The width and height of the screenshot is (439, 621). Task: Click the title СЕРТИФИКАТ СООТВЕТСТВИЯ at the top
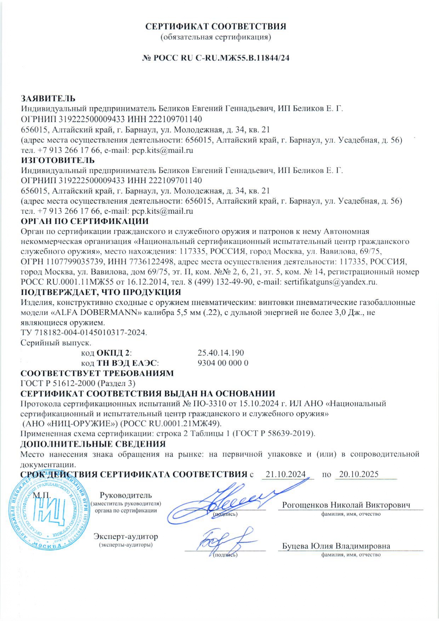point(216,27)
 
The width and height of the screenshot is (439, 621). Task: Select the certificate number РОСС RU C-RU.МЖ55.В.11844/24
point(221,58)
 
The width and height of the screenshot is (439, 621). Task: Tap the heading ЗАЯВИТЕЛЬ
point(48,98)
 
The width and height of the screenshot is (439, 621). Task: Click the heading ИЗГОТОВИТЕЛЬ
point(58,161)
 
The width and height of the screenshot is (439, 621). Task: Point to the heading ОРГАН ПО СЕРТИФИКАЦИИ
point(85,222)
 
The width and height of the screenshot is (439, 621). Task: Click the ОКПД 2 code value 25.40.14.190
point(221,353)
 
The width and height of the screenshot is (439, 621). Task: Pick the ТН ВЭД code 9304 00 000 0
point(223,363)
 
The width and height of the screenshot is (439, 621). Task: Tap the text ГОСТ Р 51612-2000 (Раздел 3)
point(78,383)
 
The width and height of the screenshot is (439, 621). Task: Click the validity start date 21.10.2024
point(286,475)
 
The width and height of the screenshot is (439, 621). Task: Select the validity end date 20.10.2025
point(359,475)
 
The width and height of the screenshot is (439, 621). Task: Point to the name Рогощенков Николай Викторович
point(346,505)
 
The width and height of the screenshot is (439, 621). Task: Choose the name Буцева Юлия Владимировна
point(336,546)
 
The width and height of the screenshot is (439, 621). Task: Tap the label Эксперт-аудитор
point(126,536)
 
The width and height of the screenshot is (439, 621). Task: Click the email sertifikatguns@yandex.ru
point(330,282)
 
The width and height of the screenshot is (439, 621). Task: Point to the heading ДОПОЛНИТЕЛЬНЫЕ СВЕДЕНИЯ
point(93,444)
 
